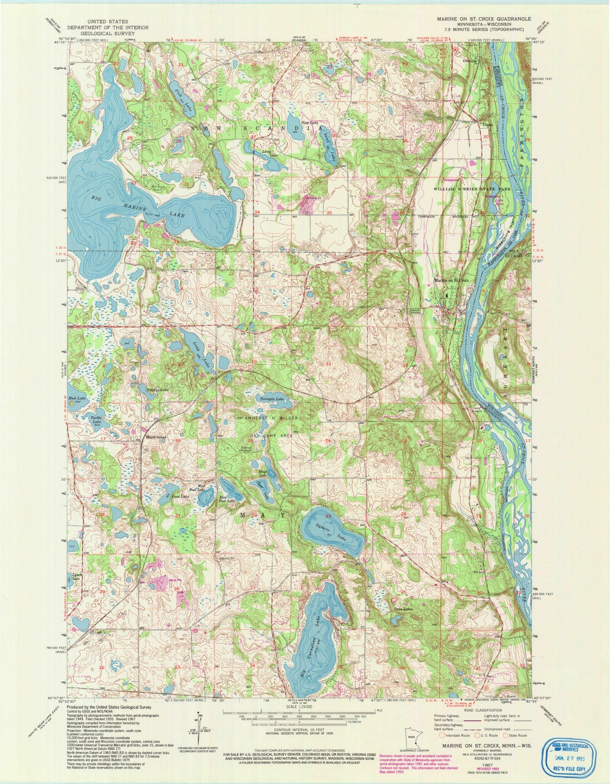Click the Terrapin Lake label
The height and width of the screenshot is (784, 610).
click(x=272, y=399)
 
